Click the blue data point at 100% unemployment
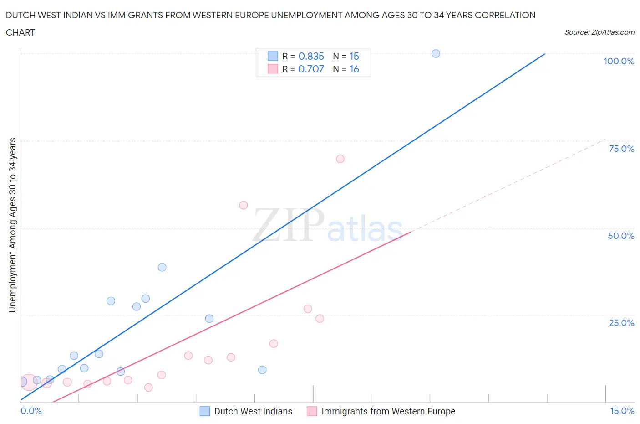point(436,54)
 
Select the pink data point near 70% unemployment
point(340,159)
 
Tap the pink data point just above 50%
point(244,205)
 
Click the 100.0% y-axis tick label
point(619,62)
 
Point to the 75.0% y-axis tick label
point(621,149)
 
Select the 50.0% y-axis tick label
point(621,236)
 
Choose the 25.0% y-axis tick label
point(621,323)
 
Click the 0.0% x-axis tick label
point(31,411)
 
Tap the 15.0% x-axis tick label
point(622,411)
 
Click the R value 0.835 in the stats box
point(311,57)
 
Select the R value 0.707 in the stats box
point(311,69)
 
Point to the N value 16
point(354,69)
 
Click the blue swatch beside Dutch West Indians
point(205,411)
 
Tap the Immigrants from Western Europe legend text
point(388,411)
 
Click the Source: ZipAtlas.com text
point(599,32)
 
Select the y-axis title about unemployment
point(13,225)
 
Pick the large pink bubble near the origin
point(29,383)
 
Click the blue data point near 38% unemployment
point(162,267)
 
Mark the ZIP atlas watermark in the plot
point(328,226)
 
